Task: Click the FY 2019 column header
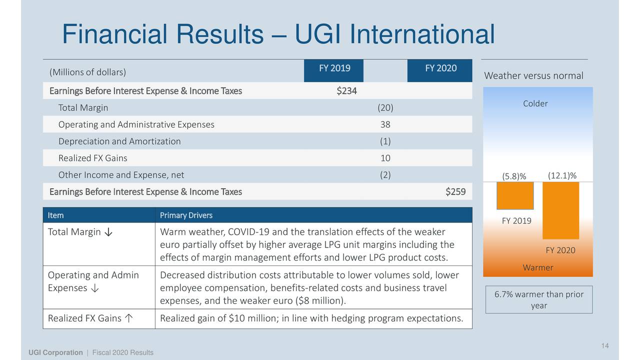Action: tap(334, 68)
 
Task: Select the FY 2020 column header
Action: tap(440, 68)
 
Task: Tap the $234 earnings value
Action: tap(346, 91)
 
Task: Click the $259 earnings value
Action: tap(455, 191)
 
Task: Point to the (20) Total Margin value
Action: tap(385, 107)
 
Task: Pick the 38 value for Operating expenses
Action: tap(385, 124)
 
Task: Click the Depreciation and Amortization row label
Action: tap(119, 141)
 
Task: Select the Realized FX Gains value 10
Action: tap(385, 158)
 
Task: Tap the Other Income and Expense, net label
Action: tap(121, 175)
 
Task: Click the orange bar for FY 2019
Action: tap(515, 195)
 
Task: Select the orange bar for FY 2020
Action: tap(560, 210)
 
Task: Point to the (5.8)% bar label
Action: tap(514, 176)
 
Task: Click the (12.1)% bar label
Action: tap(562, 175)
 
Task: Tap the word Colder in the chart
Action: tap(535, 103)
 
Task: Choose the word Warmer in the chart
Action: tap(537, 267)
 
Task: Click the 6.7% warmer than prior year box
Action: tap(538, 299)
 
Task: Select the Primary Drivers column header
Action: tap(186, 215)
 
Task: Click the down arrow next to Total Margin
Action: tap(108, 232)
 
